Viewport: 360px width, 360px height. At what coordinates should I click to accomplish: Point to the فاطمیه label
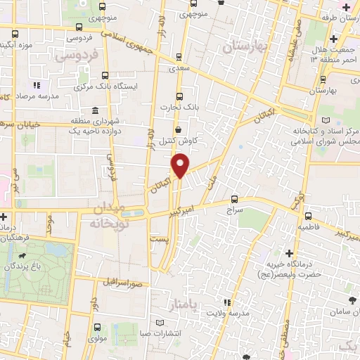(x=309, y=228)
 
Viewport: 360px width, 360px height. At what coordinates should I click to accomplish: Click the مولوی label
(x=98, y=338)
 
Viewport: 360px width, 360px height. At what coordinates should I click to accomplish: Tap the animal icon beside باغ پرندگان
(x=27, y=257)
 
